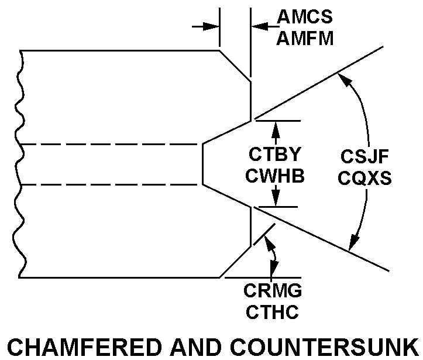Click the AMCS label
pyautogui.click(x=305, y=17)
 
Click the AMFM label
pyautogui.click(x=305, y=39)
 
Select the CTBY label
pyautogui.click(x=274, y=155)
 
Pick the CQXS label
pyautogui.click(x=364, y=177)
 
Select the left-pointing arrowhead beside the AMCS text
pyautogui.click(x=257, y=26)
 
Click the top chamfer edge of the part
pyautogui.click(x=235, y=66)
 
